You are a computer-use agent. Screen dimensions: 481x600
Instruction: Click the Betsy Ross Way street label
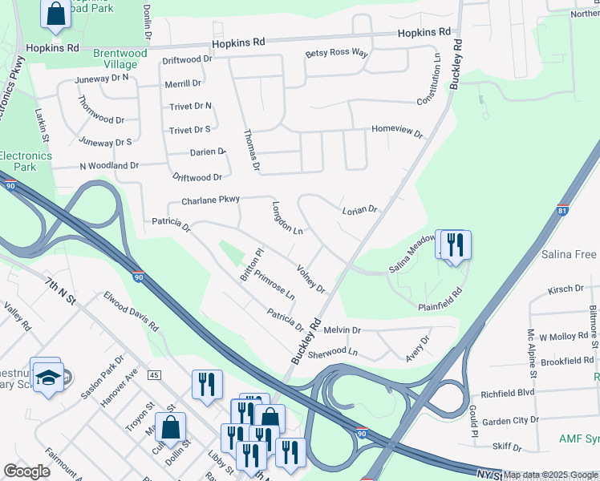coord(335,54)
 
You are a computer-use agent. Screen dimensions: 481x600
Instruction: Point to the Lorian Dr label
coord(359,210)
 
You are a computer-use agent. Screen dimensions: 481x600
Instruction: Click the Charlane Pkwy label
coord(210,200)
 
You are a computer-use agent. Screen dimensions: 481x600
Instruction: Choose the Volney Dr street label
coord(310,278)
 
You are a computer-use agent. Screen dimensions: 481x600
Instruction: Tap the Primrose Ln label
coord(274,285)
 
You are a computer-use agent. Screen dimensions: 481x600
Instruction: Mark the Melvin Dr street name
coord(343,329)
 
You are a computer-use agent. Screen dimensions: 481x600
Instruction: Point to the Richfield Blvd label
coord(507,394)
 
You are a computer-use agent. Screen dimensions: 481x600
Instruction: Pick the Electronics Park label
coord(18,161)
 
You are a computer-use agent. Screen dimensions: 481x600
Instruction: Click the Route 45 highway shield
coord(154,375)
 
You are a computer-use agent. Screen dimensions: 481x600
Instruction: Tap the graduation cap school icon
coord(48,375)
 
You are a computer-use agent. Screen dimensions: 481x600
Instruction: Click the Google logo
coord(26,471)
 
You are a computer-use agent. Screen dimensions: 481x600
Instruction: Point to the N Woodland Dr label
coord(109,165)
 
